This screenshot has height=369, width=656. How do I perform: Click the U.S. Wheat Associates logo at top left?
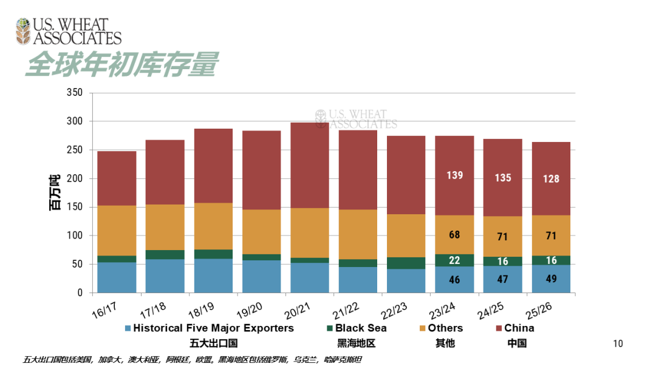(69, 32)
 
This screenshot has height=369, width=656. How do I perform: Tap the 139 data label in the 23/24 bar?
(454, 175)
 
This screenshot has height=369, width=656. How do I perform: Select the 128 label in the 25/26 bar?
(551, 179)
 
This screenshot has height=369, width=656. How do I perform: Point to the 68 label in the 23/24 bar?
(454, 234)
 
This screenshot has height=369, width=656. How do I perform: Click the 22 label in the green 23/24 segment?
(454, 260)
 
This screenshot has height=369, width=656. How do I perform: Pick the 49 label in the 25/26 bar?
(551, 279)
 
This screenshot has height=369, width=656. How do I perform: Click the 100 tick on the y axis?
(74, 235)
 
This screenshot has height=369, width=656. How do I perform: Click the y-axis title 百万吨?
(55, 192)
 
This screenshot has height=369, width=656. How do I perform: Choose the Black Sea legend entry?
(361, 328)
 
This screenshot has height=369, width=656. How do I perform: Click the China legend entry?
(519, 328)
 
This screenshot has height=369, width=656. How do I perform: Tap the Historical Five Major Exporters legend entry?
(213, 328)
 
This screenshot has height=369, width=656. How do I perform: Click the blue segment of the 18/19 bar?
(213, 276)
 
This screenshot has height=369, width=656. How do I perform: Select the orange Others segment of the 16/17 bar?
(117, 231)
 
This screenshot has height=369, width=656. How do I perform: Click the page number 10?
(618, 344)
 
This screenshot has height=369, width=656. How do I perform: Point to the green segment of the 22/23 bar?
(406, 263)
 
